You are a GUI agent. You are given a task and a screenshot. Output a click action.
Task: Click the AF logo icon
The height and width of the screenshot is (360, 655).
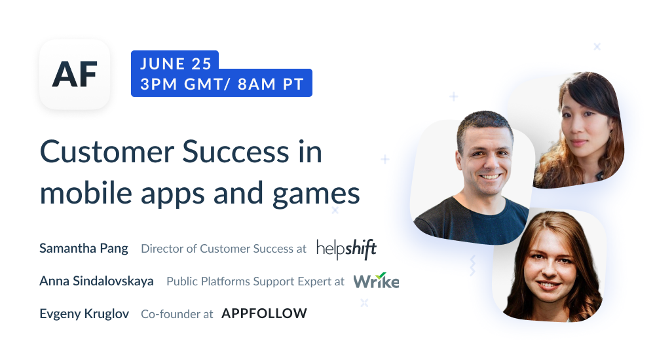75,74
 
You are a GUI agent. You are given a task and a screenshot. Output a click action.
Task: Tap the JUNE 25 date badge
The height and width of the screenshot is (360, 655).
175,63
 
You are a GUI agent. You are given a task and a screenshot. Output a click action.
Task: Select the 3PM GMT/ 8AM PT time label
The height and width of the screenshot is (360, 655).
221,84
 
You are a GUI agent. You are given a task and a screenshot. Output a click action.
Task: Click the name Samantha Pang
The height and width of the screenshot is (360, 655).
84,249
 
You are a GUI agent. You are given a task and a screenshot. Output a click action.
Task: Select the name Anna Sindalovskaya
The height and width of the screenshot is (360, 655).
96,281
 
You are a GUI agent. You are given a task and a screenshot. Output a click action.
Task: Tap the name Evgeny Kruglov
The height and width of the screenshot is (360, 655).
84,314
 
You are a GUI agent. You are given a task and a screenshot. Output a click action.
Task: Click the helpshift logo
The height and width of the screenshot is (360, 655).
346,249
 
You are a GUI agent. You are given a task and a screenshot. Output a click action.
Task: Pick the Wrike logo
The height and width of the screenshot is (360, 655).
376,281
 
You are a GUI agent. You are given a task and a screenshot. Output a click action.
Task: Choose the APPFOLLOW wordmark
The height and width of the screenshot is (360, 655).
264,314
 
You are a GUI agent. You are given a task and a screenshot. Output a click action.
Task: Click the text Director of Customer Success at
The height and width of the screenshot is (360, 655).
223,249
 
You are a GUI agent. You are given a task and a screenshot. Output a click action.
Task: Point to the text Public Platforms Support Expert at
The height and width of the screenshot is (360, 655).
255,281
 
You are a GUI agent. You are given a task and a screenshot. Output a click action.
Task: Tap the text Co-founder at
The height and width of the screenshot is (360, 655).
177,314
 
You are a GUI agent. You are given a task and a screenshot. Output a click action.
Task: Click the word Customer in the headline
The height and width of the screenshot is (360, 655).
105,153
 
